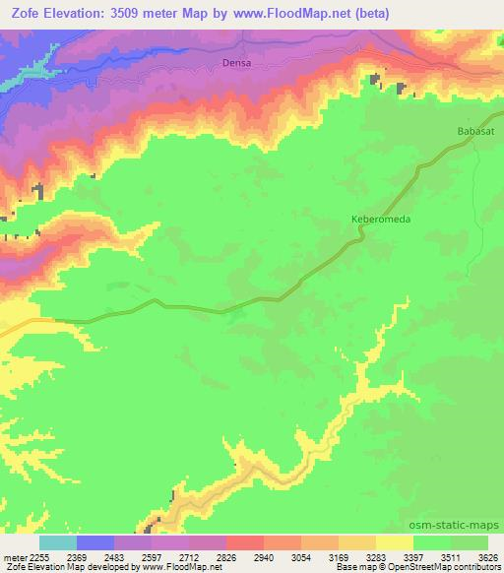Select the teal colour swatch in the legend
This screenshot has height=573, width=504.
(58, 542)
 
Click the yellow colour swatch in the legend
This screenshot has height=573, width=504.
(395, 542)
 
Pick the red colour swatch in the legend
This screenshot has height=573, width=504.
(245, 542)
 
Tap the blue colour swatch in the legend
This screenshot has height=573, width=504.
(95, 542)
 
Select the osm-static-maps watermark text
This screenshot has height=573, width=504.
(462, 525)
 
